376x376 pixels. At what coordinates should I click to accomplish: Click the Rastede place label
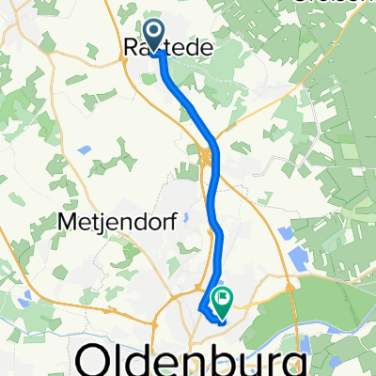click(x=167, y=45)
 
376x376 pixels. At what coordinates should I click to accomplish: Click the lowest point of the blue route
click(x=223, y=321)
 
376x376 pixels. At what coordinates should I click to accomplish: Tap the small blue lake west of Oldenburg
click(x=21, y=301)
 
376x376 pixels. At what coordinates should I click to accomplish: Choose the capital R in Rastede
click(x=132, y=45)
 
